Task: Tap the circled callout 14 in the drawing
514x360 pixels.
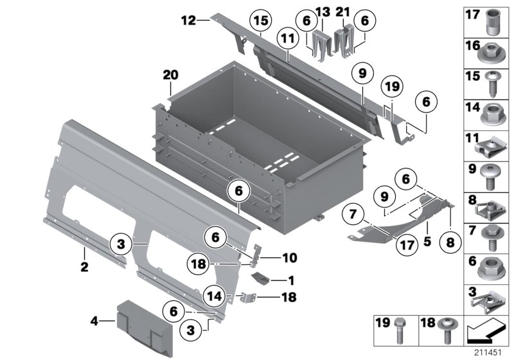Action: [215, 296]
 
